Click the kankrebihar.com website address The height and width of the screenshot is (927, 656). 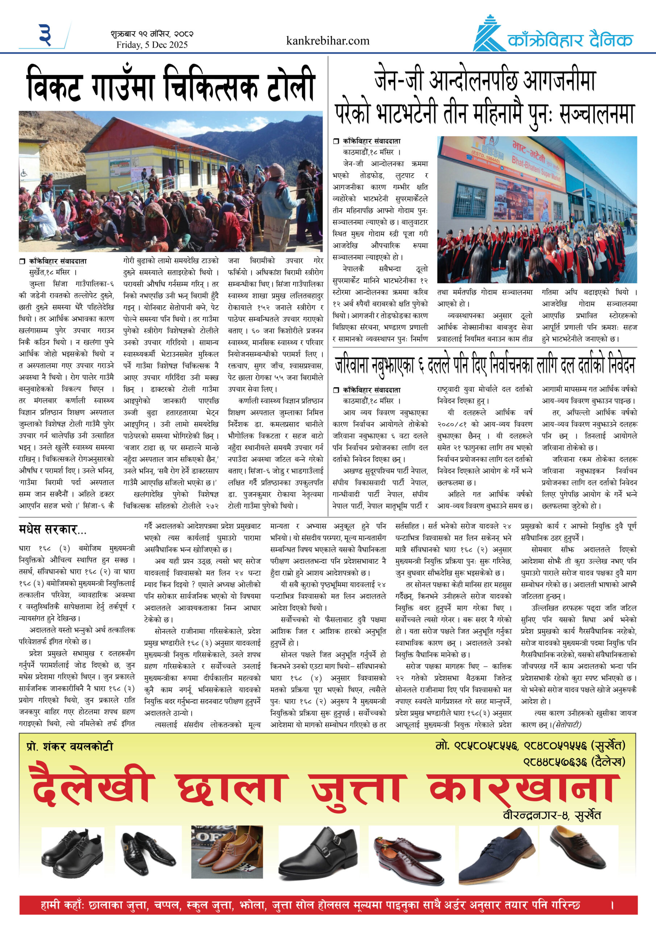point(327,41)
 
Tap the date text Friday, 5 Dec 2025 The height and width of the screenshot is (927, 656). point(152,45)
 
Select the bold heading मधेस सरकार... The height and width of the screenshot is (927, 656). point(53,529)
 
